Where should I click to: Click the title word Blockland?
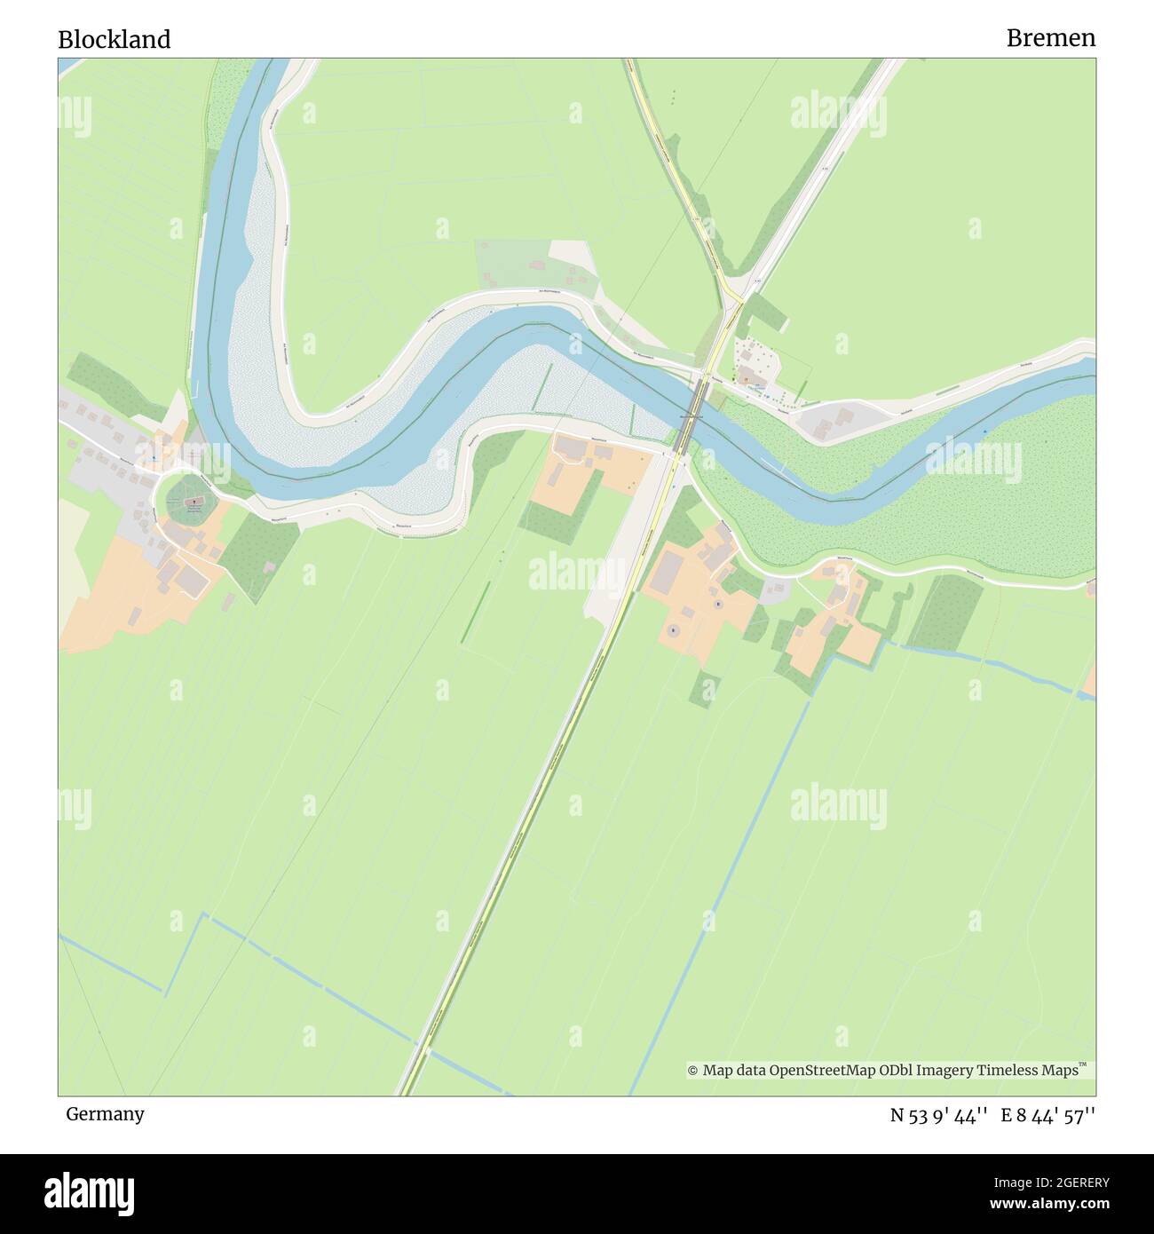[x=114, y=40]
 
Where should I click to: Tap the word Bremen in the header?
[x=1050, y=38]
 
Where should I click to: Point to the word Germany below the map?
[x=105, y=1114]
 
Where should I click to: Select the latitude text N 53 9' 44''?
[x=939, y=1116]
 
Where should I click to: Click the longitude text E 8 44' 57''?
[x=1048, y=1116]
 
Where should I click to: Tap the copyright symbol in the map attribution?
[x=692, y=1071]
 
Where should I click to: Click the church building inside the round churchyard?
[x=193, y=502]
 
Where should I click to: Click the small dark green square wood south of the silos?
[x=705, y=689]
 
